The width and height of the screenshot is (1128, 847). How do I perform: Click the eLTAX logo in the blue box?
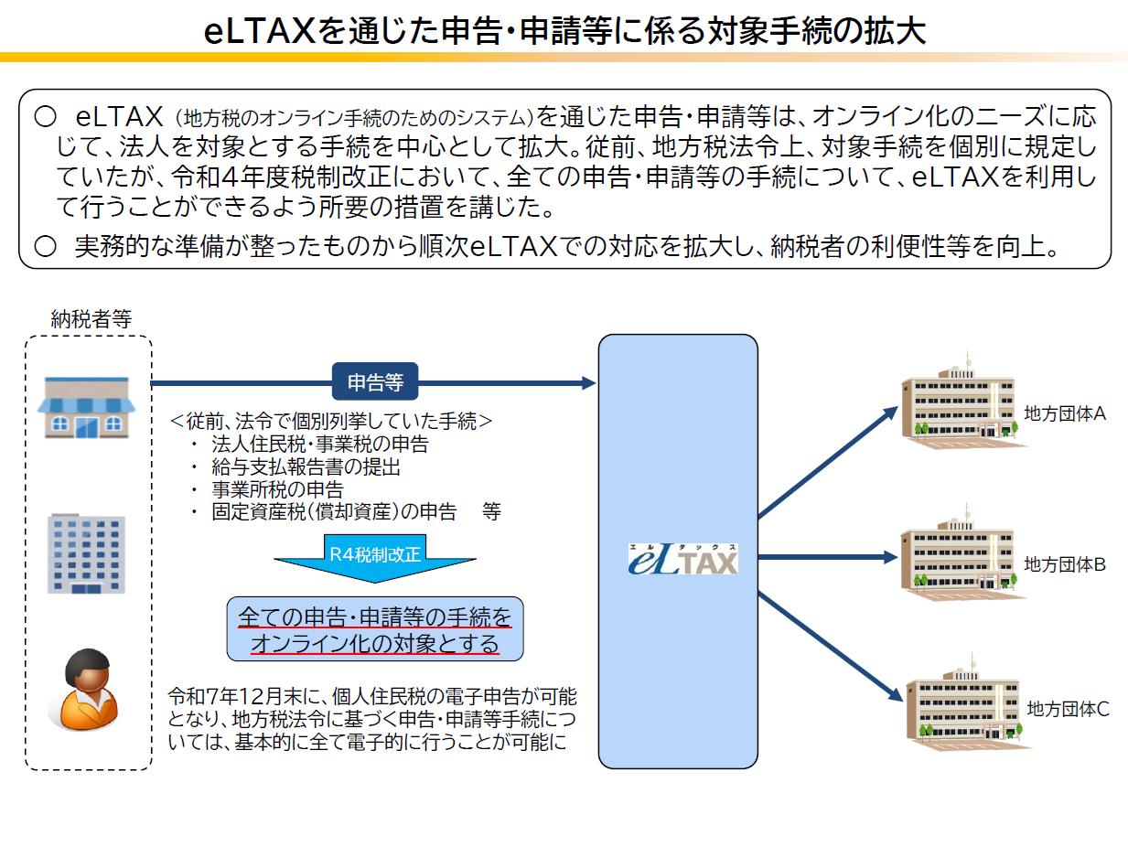[x=683, y=559]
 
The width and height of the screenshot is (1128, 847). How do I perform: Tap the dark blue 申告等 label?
[x=375, y=381]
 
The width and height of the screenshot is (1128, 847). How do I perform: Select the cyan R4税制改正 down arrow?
[x=375, y=558]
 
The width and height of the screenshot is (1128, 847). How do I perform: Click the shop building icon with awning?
[x=86, y=407]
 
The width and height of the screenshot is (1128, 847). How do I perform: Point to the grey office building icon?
[x=86, y=553]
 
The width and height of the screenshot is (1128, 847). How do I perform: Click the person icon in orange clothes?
[x=86, y=690]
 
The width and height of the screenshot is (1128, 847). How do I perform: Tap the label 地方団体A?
[x=1064, y=413]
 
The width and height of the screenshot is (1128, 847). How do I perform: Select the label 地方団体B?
[x=1064, y=564]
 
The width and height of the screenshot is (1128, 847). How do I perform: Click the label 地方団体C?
[x=1068, y=710]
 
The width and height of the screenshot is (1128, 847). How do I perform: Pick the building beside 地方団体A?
[x=961, y=403]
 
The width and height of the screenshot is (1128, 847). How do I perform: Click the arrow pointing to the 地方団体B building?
[x=828, y=557]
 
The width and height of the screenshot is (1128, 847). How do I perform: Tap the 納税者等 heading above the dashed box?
[x=91, y=319]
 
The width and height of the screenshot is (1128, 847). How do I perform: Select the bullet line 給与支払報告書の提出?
[x=306, y=466]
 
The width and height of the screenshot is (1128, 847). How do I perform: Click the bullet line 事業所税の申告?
[x=277, y=489]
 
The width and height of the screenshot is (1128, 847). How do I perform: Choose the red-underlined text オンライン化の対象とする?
[x=375, y=644]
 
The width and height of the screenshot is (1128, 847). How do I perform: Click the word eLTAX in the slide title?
[x=260, y=31]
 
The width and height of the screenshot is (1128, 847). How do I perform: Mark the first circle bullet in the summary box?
[x=45, y=116]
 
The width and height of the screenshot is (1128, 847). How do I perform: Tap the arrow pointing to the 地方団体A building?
[x=828, y=462]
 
